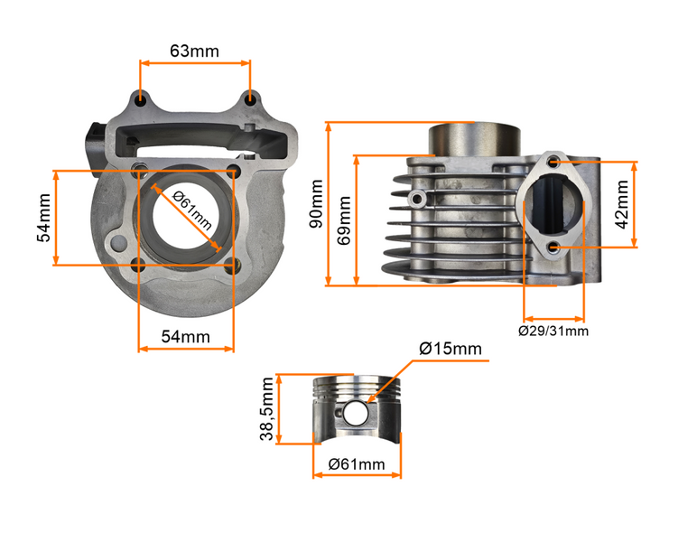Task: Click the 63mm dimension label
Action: (194, 51)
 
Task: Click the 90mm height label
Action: (315, 204)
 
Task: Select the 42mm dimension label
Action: (622, 205)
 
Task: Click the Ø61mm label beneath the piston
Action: (357, 464)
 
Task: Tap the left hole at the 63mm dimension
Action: (140, 97)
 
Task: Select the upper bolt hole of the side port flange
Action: (553, 164)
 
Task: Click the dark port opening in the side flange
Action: (553, 205)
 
